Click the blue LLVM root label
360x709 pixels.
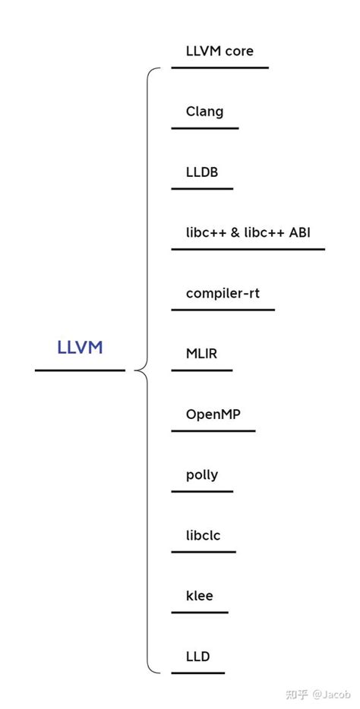point(80,348)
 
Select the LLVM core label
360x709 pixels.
point(219,52)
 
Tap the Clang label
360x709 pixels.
point(204,112)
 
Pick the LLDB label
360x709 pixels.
point(202,172)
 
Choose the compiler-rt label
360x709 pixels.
point(223,293)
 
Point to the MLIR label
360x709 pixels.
point(201,354)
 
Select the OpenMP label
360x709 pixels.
point(213,414)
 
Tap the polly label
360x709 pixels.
point(202,475)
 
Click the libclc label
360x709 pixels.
point(203,535)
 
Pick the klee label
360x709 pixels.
point(199,596)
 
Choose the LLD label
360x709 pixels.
point(197,657)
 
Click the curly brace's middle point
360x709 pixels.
point(137,370)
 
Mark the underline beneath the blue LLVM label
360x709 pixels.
point(80,370)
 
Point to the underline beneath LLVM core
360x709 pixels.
point(219,68)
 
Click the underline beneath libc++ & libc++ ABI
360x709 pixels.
point(248,249)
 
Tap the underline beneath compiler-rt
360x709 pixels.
point(223,310)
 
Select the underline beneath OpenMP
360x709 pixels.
point(213,431)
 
